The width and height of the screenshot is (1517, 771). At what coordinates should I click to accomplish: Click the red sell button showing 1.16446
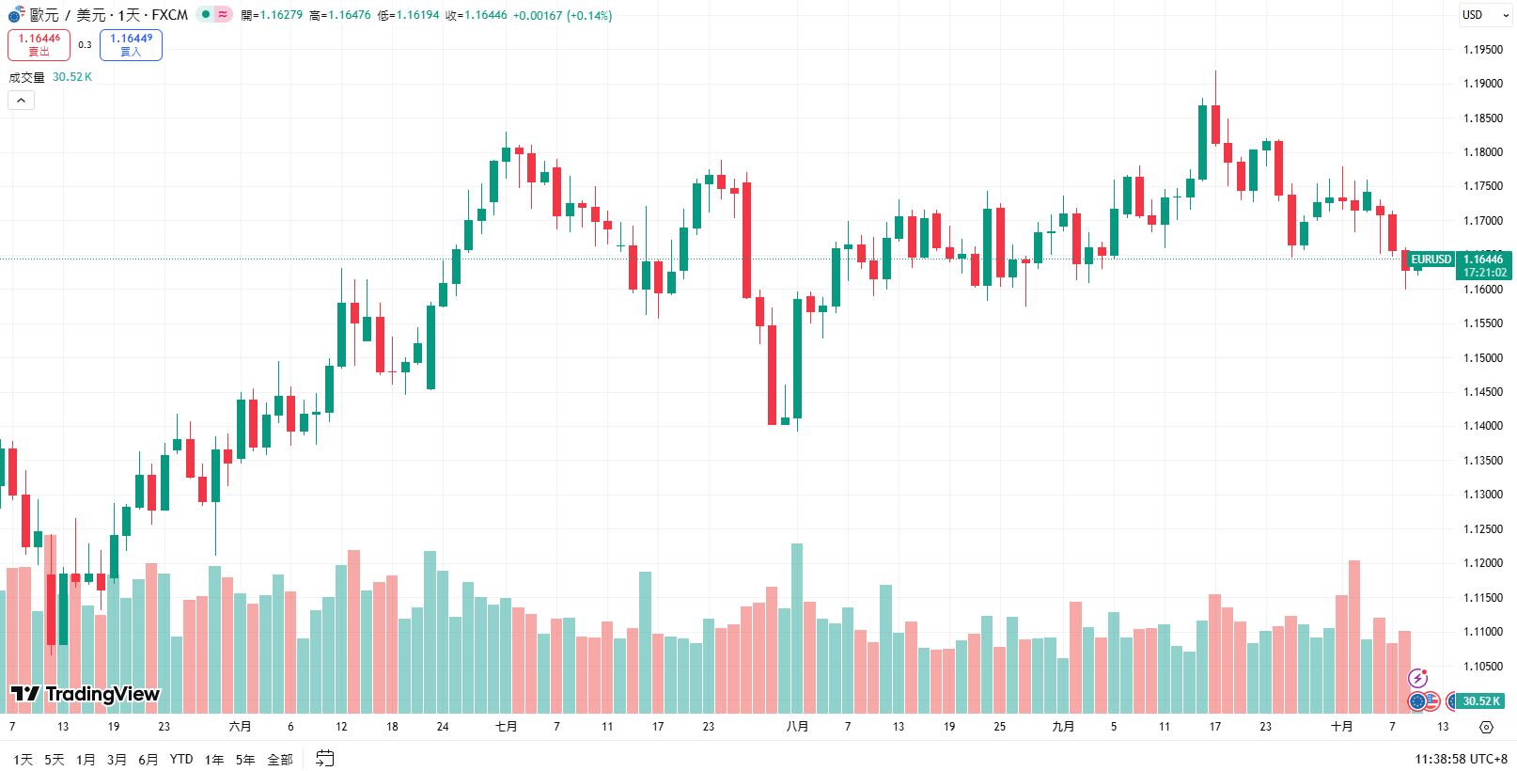pyautogui.click(x=39, y=44)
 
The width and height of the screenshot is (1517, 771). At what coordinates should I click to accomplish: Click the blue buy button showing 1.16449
pyautogui.click(x=131, y=44)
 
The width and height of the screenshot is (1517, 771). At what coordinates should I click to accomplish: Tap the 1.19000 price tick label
pyautogui.click(x=1482, y=84)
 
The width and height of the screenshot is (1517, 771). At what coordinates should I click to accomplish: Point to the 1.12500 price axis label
pyautogui.click(x=1482, y=529)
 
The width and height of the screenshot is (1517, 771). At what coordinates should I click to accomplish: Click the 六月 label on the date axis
pyautogui.click(x=240, y=727)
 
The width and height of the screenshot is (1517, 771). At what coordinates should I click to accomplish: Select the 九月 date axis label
pyautogui.click(x=1063, y=727)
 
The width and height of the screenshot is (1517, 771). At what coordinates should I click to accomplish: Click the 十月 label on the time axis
pyautogui.click(x=1341, y=727)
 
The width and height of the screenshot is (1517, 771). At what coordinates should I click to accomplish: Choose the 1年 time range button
pyautogui.click(x=214, y=760)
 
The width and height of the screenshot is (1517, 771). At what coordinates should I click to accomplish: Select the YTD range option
pyautogui.click(x=181, y=760)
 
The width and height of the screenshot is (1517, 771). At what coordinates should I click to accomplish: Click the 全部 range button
pyautogui.click(x=280, y=760)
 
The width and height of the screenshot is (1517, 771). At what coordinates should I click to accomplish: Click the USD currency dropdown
pyautogui.click(x=1484, y=15)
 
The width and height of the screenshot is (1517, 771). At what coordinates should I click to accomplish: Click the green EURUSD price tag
pyautogui.click(x=1431, y=260)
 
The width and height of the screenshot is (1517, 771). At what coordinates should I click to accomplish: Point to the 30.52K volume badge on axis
pyautogui.click(x=1480, y=701)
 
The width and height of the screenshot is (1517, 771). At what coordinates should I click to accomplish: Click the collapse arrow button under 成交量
pyautogui.click(x=21, y=101)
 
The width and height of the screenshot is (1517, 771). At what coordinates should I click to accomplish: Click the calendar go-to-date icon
pyautogui.click(x=325, y=759)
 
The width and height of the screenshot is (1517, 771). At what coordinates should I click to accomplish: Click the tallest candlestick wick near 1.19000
pyautogui.click(x=1215, y=85)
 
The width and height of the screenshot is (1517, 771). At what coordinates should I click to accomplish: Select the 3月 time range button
pyautogui.click(x=117, y=760)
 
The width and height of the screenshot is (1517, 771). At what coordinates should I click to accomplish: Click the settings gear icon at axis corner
pyautogui.click(x=1486, y=727)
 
